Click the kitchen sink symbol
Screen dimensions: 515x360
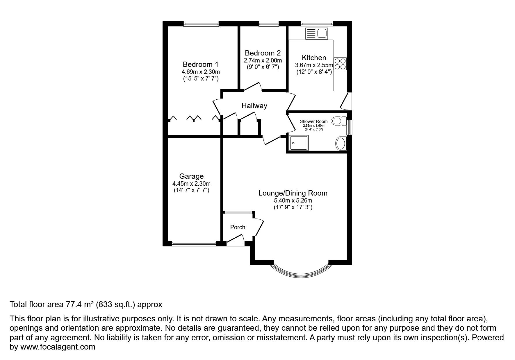coord(316,33)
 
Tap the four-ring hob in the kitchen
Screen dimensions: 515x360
coord(340,64)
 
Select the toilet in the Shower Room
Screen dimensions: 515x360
coord(338,121)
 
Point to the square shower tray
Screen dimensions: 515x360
coord(299,143)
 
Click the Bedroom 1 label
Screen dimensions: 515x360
coord(200,64)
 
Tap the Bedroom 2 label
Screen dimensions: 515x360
coord(263,53)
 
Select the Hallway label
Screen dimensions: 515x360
coord(254,106)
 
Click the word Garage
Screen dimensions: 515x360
coord(191,176)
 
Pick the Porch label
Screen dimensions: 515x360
coord(238,227)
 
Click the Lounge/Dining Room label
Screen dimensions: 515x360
coord(293,193)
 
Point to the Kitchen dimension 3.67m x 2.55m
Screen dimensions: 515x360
coord(314,65)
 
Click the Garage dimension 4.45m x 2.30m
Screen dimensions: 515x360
coord(191,184)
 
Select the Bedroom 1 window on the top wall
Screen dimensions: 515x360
coord(201,24)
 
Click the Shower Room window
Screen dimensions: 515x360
coord(349,127)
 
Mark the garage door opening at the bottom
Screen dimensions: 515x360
coord(194,244)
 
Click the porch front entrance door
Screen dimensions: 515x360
coord(235,240)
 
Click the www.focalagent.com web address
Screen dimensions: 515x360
coord(58,347)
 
